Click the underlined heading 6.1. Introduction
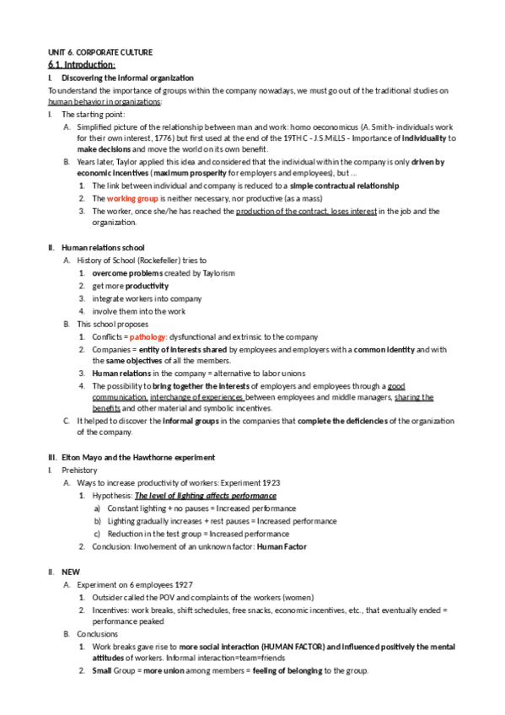tap(82, 65)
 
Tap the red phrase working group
tap(134, 198)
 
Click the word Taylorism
tap(218, 273)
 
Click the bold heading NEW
tap(71, 572)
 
